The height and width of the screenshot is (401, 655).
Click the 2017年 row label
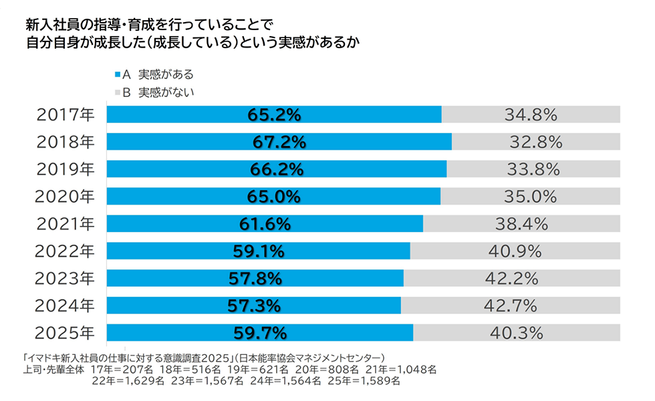pyautogui.click(x=66, y=115)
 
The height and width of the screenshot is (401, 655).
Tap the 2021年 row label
pyautogui.click(x=66, y=223)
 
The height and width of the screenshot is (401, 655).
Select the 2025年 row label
pyautogui.click(x=66, y=332)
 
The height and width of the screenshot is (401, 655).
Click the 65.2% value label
pyautogui.click(x=274, y=115)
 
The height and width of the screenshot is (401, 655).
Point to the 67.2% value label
pyautogui.click(x=279, y=142)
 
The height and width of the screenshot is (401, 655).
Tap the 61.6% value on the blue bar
pyautogui.click(x=265, y=223)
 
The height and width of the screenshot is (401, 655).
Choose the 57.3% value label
pyautogui.click(x=254, y=305)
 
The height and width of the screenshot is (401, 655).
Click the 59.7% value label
pyautogui.click(x=260, y=332)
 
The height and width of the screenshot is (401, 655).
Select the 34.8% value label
pyautogui.click(x=531, y=115)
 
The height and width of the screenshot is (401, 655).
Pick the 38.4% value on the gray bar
pyautogui.click(x=521, y=223)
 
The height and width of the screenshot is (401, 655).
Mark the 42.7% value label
pyautogui.click(x=511, y=305)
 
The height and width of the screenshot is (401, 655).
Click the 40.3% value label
pyautogui.click(x=516, y=332)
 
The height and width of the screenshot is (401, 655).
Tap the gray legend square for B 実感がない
pyautogui.click(x=118, y=92)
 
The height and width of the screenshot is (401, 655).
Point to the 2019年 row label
pyautogui.click(x=66, y=169)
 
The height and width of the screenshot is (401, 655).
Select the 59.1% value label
pyautogui.click(x=259, y=251)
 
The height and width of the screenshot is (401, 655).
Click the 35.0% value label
pyautogui.click(x=531, y=196)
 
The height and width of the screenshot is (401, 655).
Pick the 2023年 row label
pyautogui.click(x=66, y=278)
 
